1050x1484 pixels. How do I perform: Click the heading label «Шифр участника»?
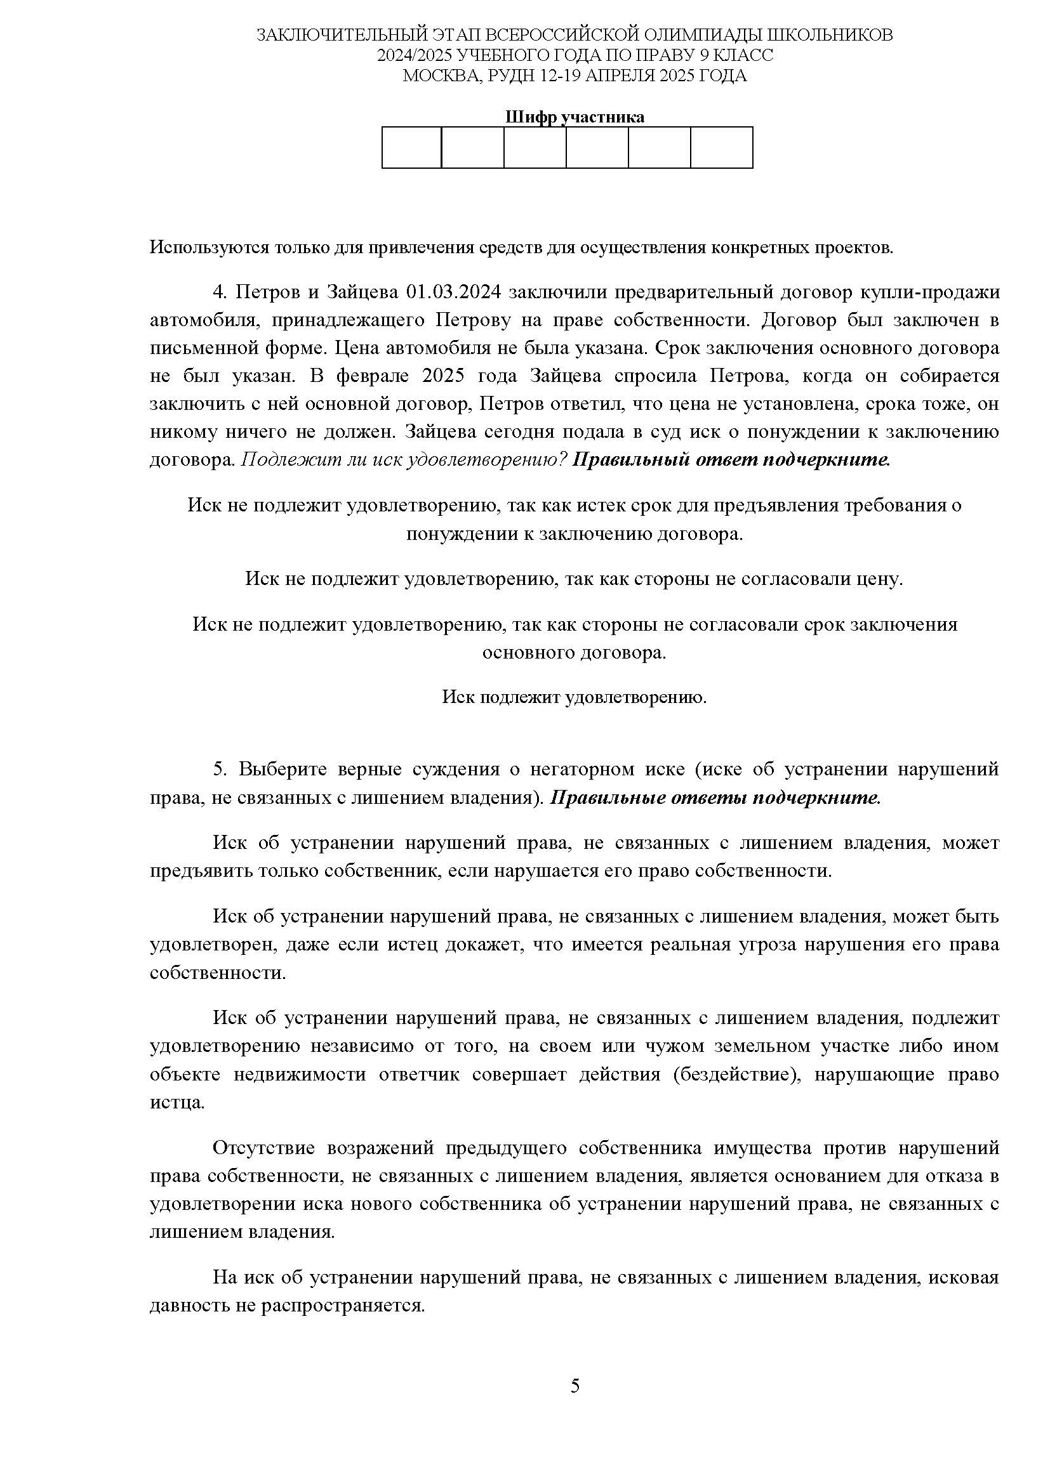(574, 117)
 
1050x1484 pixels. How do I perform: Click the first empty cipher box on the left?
(411, 147)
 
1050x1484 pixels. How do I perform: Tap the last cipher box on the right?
(722, 147)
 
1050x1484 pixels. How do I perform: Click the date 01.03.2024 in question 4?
(453, 292)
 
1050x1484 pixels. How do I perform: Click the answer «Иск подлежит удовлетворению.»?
(574, 697)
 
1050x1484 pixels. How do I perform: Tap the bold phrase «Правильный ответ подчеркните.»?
(731, 460)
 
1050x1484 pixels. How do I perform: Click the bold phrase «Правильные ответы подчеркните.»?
(715, 798)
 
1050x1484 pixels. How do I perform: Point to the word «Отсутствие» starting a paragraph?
(264, 1148)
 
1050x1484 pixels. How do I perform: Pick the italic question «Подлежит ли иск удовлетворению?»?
(404, 460)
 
